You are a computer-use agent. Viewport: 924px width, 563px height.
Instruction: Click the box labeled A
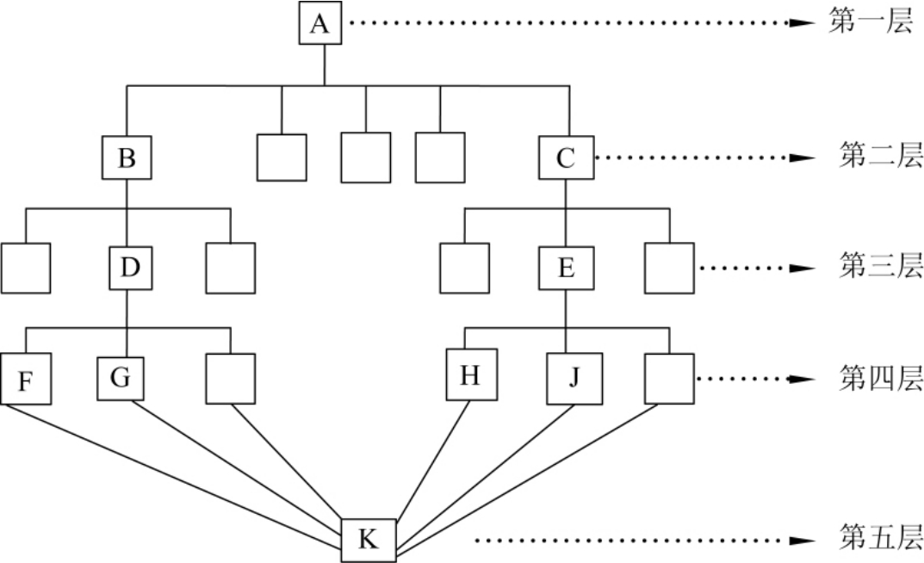319,25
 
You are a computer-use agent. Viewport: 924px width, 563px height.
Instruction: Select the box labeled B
127,158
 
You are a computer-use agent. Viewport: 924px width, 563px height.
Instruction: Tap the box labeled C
566,158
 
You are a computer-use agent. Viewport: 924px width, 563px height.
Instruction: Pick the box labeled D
128,268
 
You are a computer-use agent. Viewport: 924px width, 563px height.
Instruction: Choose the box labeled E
566,268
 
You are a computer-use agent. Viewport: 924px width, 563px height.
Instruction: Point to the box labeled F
25,379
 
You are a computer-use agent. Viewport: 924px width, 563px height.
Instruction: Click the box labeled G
120,377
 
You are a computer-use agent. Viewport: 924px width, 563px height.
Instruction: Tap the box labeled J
573,379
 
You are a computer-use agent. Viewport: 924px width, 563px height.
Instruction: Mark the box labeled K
368,540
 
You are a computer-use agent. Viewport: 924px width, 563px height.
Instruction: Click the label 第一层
871,23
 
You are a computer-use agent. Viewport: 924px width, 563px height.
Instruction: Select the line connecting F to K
172,473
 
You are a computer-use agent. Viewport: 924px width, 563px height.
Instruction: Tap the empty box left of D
26,268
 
